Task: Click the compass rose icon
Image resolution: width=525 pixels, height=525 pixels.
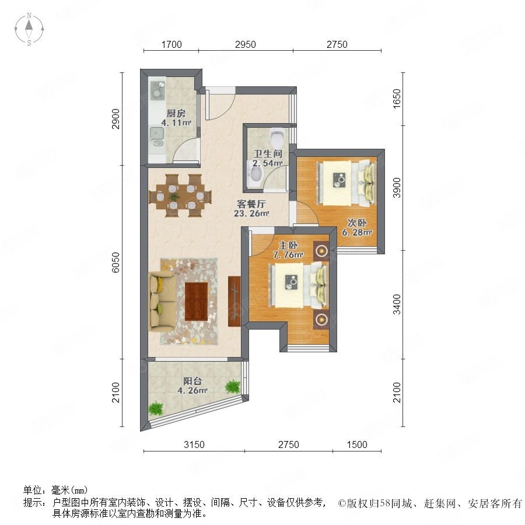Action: coord(29,29)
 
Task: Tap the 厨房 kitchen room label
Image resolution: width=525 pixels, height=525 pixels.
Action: coord(176,114)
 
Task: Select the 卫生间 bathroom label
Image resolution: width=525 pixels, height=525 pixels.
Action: coord(268,153)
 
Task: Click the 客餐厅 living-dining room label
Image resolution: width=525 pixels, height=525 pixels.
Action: coord(251,204)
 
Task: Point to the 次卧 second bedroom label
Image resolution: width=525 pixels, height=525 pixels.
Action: coord(357,223)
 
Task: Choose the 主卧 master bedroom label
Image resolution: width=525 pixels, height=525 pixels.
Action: coord(288,246)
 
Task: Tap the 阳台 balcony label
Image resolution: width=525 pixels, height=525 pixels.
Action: coord(192,381)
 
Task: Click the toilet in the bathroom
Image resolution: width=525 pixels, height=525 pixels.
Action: coord(277,137)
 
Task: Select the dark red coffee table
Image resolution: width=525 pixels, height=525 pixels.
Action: coord(197,301)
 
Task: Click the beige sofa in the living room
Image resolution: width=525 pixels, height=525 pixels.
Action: coord(162,300)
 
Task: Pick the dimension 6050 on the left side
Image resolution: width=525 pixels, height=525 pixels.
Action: coord(116,262)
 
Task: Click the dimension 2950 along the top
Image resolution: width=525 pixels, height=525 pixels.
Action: coord(246,44)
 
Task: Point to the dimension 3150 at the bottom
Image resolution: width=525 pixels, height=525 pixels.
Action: coord(194,444)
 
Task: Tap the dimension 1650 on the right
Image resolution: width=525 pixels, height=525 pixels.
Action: coord(397,99)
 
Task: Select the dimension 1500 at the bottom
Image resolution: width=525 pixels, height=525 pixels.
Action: coord(357,444)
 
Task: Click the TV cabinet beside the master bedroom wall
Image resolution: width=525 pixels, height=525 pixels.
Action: coord(235,301)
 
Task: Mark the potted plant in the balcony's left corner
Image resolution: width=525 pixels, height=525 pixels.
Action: coord(155,409)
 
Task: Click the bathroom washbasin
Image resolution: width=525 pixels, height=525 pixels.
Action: coord(256,174)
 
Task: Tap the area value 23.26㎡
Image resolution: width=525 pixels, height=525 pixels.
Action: coord(251,213)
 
